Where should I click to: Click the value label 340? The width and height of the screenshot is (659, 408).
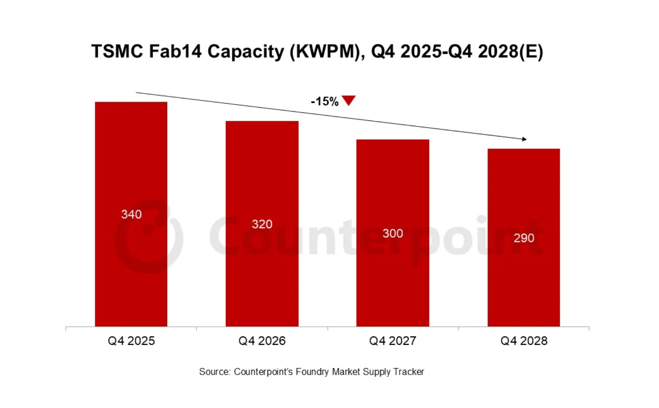(132, 214)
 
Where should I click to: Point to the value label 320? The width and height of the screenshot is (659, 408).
(262, 224)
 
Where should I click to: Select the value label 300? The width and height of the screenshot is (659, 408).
(393, 233)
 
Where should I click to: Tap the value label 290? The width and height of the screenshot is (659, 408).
(524, 238)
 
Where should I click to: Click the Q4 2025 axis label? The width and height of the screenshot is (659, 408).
(131, 341)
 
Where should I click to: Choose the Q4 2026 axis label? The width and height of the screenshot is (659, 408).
(262, 341)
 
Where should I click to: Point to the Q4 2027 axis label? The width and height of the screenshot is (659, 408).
(393, 341)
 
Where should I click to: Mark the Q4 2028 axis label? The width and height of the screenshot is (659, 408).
(524, 341)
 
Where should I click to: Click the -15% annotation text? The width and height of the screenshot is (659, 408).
(324, 102)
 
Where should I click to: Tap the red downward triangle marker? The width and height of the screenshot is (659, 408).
(348, 100)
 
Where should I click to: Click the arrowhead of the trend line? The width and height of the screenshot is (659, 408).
(524, 139)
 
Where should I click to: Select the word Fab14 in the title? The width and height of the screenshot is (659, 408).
(175, 52)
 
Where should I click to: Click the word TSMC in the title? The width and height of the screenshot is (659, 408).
(117, 52)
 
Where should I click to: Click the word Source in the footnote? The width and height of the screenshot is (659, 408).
(214, 372)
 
